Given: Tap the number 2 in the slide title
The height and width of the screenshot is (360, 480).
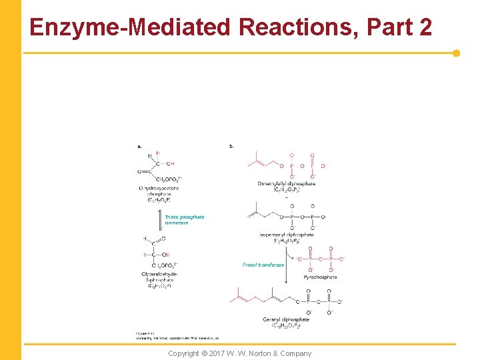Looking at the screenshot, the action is tap(424, 27).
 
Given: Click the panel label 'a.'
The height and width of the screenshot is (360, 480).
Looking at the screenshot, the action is tap(139, 145).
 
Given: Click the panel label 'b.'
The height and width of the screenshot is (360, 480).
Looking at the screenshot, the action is tap(231, 145).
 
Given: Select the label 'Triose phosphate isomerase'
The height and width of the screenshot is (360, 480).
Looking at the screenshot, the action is tap(185, 219).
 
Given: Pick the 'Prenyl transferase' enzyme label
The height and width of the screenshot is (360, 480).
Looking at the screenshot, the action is tap(263, 265).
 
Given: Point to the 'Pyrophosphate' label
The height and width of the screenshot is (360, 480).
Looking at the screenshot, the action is tap(320, 277).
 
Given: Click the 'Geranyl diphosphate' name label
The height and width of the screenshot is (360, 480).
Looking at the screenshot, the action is tap(286, 319).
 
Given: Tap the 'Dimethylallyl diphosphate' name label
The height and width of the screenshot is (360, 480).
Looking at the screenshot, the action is tap(286, 183).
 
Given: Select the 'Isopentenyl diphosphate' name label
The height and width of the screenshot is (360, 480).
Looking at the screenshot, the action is tap(286, 235).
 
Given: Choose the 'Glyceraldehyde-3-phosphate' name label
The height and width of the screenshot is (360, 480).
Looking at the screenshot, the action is tap(159, 276).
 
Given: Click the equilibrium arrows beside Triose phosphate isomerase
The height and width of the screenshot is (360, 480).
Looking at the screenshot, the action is tap(161, 219).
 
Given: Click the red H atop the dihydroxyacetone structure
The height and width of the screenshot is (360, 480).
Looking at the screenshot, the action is tap(158, 153).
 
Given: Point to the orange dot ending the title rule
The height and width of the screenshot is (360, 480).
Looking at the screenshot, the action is tap(456, 53).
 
